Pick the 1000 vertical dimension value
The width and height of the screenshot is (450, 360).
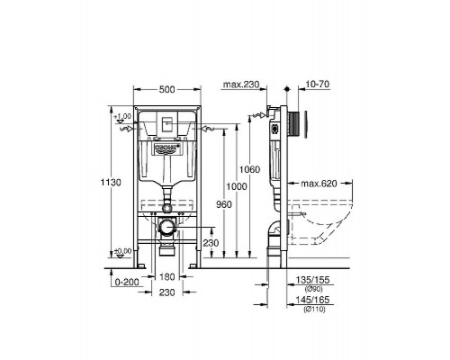pos(237,184)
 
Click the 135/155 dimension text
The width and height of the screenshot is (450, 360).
pos(309,280)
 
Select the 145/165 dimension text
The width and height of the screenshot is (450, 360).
pos(309,301)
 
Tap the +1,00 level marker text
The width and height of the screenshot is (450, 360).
pos(123,116)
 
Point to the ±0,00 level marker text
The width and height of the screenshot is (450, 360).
pos(123,252)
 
